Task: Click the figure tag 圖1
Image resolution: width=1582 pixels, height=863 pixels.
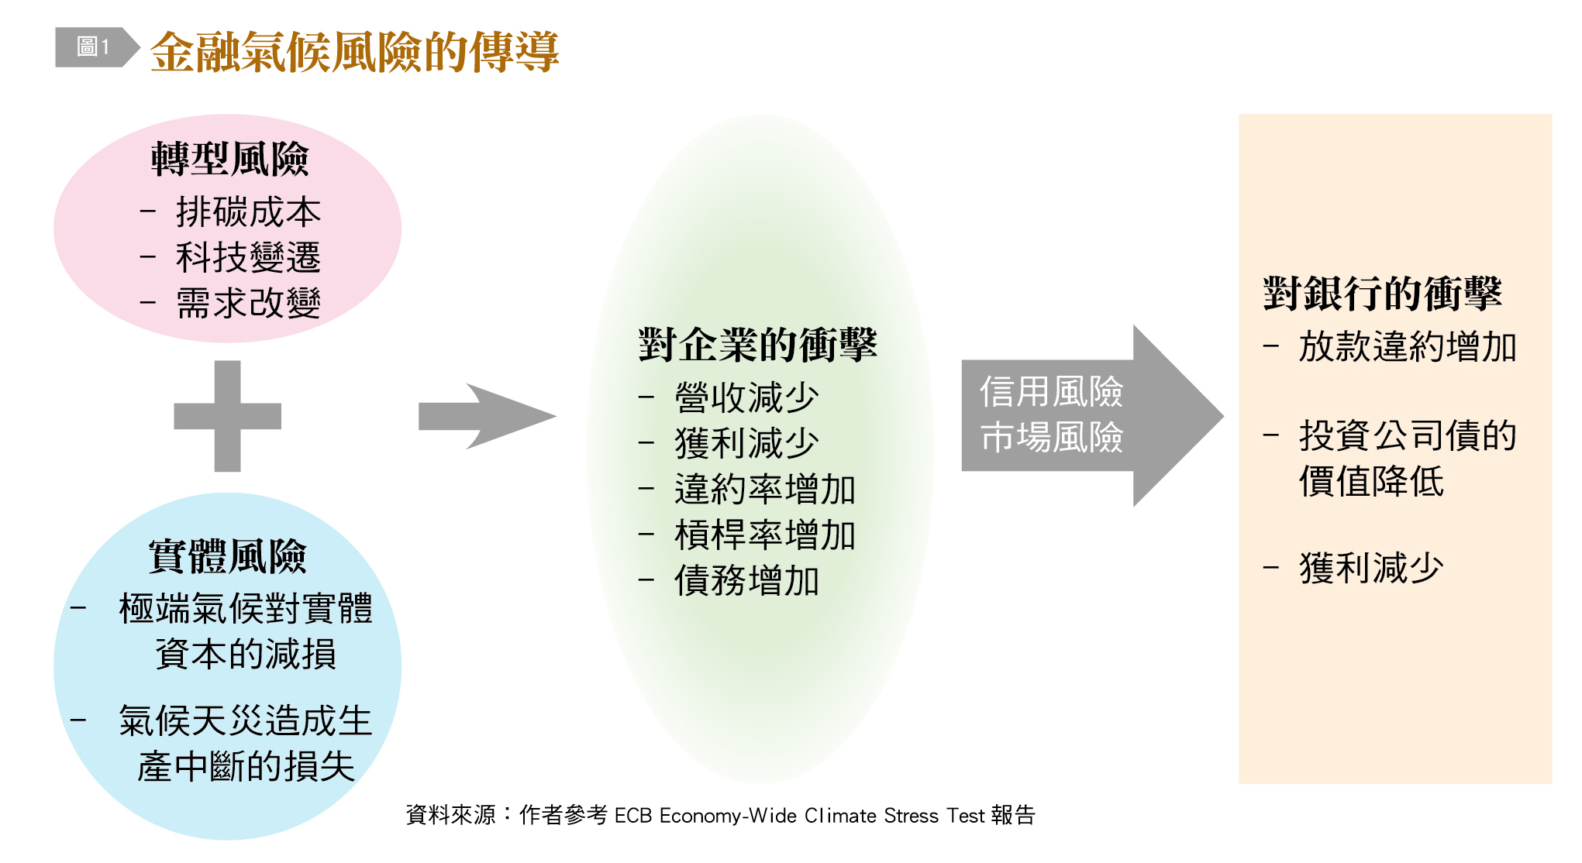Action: [x=94, y=47]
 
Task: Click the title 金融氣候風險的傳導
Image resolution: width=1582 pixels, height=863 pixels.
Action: [x=355, y=52]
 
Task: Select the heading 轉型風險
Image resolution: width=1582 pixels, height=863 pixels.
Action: [x=229, y=160]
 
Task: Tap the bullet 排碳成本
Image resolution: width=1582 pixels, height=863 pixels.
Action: [x=248, y=212]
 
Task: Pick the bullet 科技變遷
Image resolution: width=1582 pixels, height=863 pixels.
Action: [x=248, y=257]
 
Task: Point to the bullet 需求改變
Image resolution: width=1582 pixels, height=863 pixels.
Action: [x=248, y=303]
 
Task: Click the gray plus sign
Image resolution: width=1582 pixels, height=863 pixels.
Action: [x=227, y=416]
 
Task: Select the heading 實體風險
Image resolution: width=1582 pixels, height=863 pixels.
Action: [x=228, y=556]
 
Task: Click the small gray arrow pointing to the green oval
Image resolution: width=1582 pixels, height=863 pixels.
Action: [x=487, y=416]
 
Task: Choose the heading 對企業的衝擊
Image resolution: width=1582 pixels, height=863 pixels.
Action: [x=757, y=346]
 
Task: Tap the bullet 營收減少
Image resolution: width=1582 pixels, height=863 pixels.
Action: [x=746, y=398]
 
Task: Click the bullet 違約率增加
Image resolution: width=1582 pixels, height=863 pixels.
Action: [x=765, y=490]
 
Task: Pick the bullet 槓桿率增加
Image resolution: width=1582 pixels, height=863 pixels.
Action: [x=765, y=535]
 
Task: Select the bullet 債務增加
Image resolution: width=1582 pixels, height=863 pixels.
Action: [x=746, y=581]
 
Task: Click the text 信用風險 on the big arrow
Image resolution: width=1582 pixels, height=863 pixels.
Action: [x=1051, y=392]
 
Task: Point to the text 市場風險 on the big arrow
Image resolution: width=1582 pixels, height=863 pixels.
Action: [x=1051, y=438]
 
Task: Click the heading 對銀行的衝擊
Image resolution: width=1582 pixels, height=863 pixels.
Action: [x=1382, y=294]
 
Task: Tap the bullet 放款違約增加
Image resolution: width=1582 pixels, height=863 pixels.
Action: [x=1408, y=346]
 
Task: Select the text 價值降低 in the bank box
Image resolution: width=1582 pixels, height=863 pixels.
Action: [x=1371, y=481]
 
